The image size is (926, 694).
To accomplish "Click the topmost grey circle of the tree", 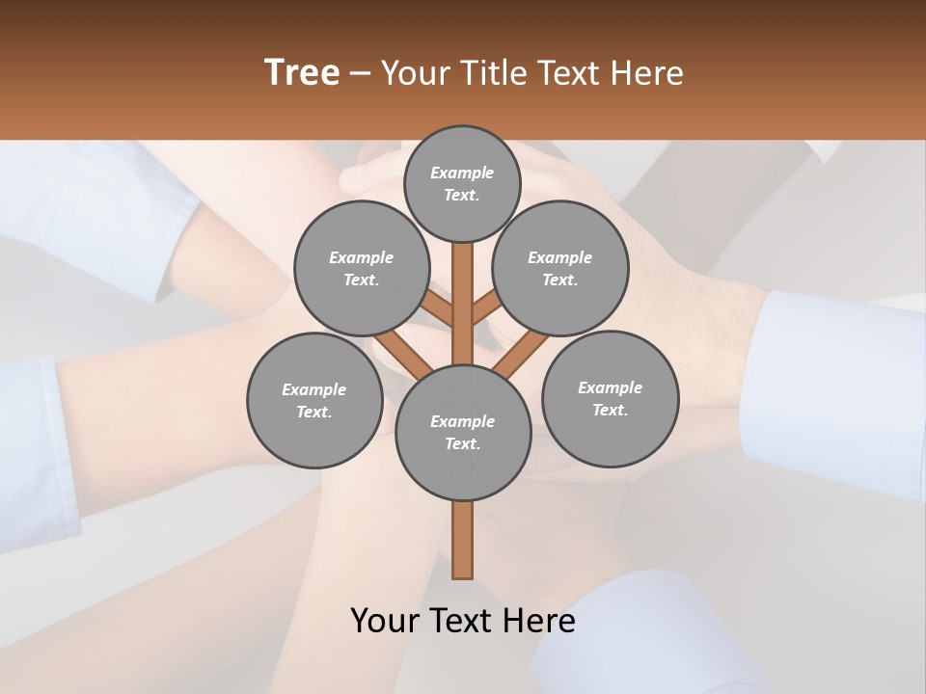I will point(462,183).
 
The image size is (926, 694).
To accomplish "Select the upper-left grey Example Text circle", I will point(362,269).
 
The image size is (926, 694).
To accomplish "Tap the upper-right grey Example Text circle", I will point(560,269).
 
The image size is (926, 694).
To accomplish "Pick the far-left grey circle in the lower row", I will point(314,400).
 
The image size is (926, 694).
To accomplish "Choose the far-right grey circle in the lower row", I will point(610,398).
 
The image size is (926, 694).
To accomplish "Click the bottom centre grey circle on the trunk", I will point(463,433).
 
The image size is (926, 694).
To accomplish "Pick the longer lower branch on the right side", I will point(522,354).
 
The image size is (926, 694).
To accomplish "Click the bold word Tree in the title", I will point(302,72).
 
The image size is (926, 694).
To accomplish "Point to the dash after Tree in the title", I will point(360,72).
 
